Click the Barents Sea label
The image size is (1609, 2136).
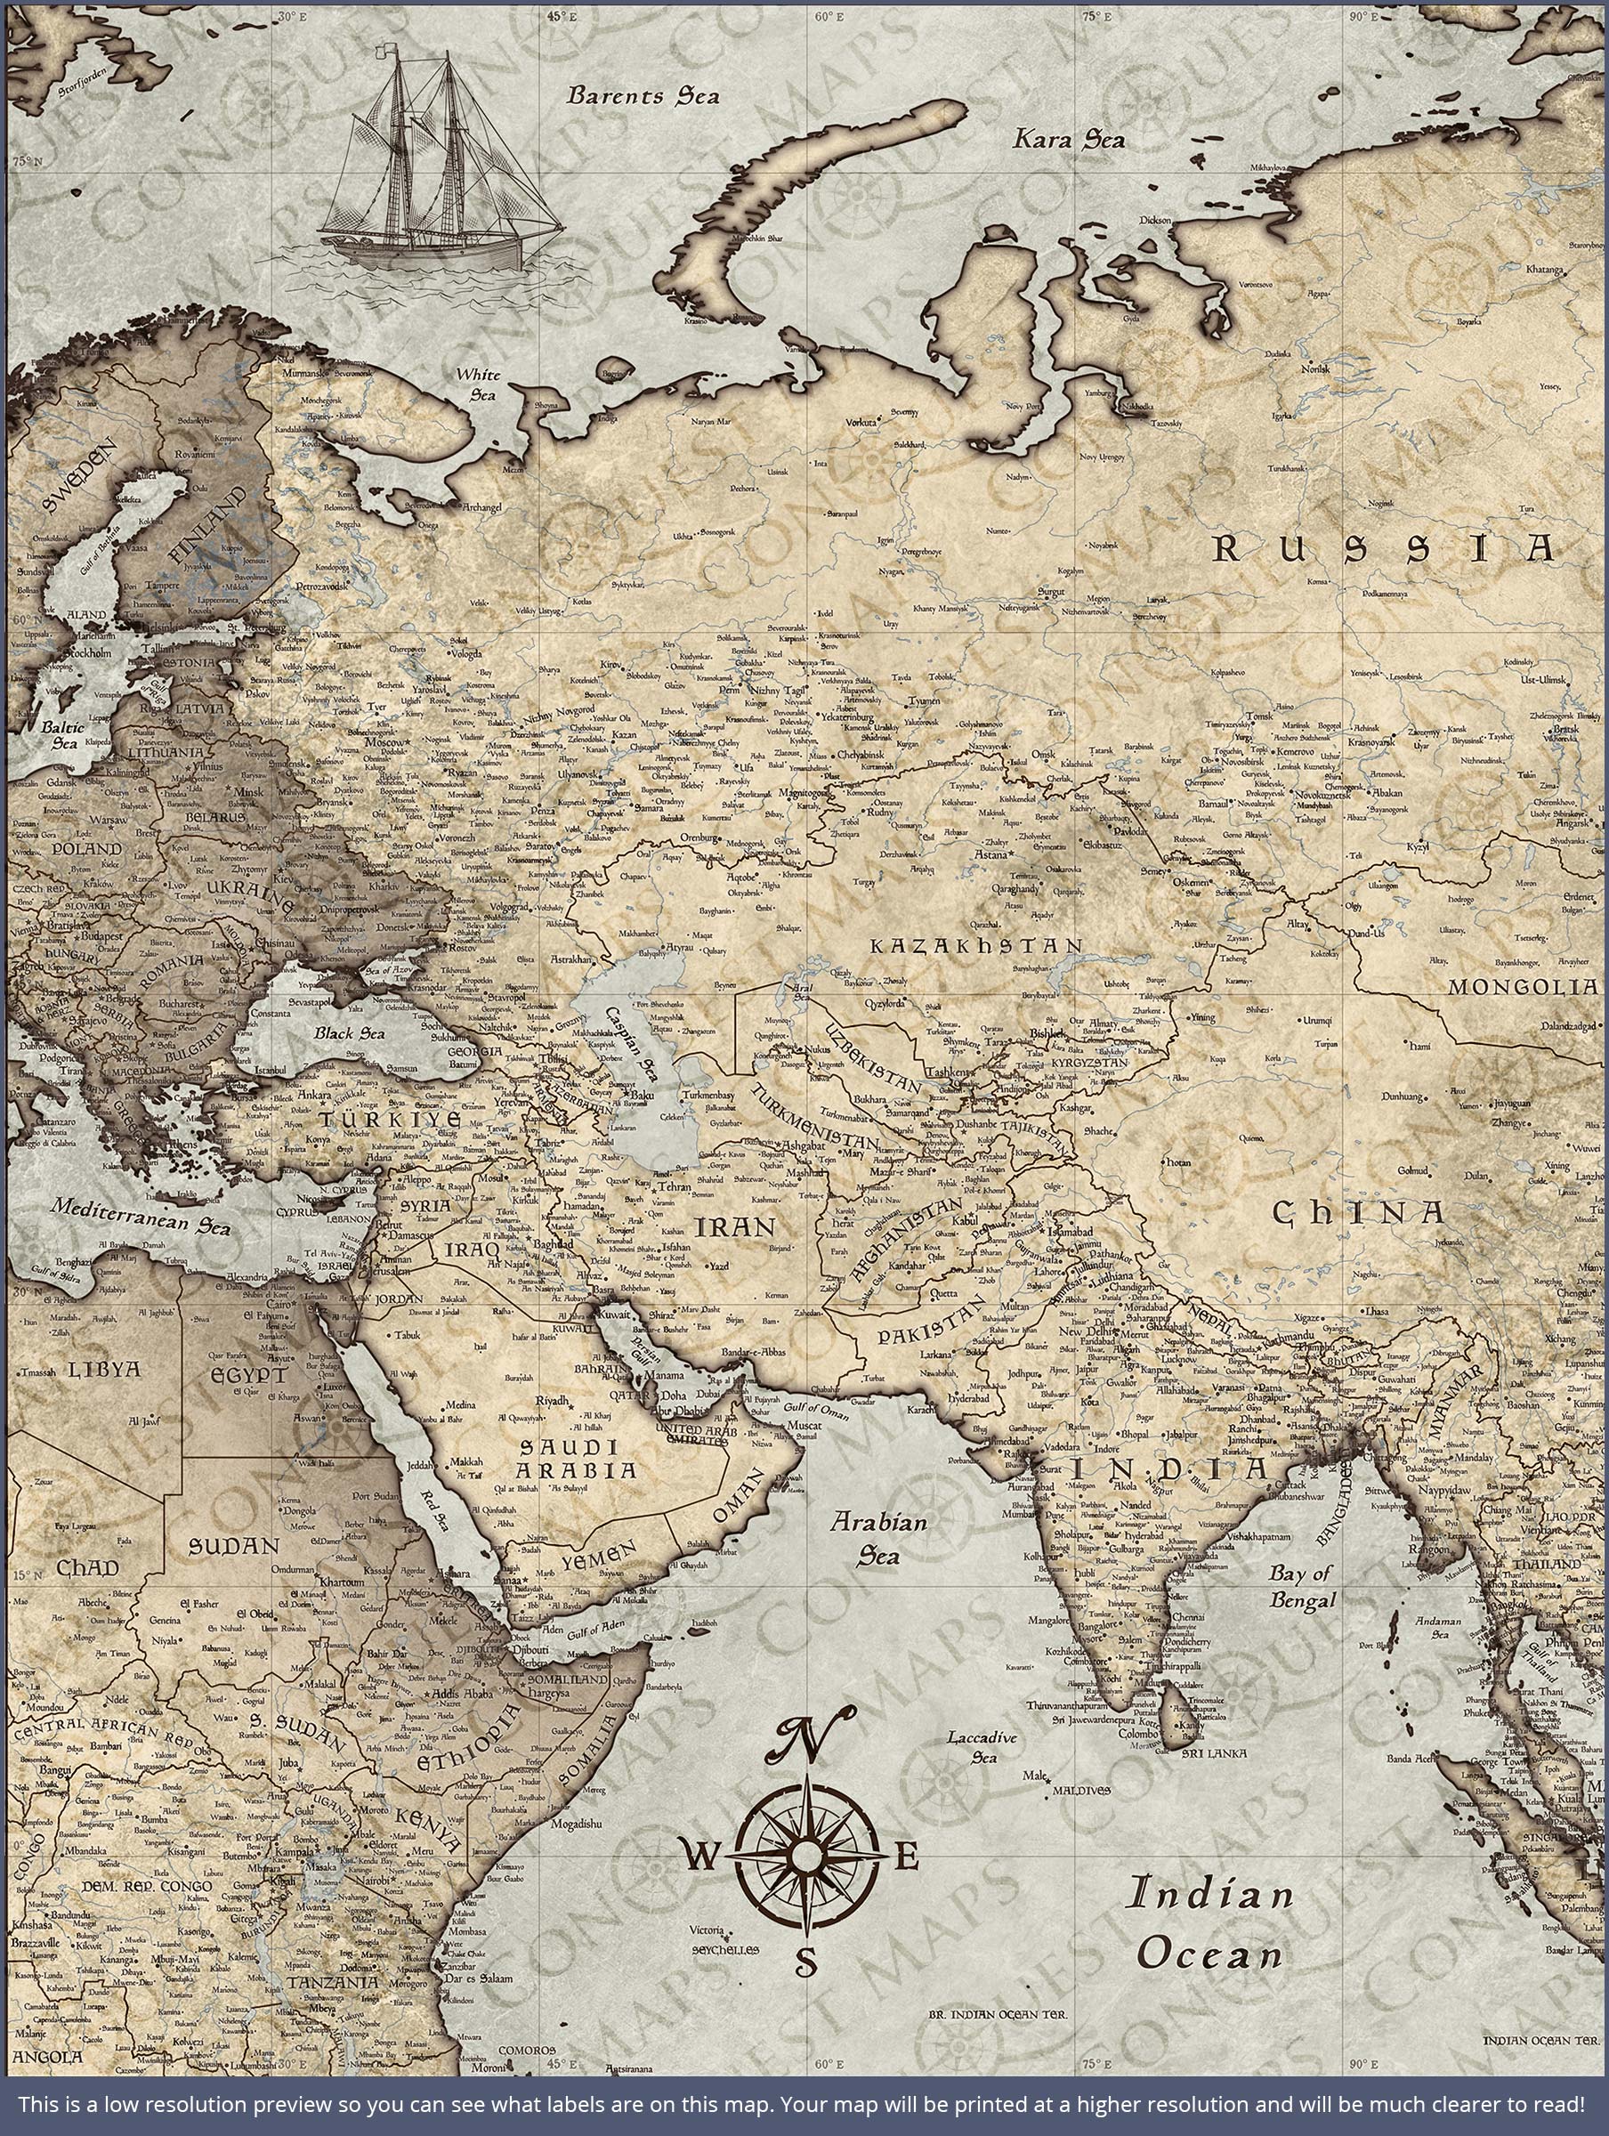643,95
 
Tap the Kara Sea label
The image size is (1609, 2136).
1068,140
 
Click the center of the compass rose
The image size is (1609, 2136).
807,1854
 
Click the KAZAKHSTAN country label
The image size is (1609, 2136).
975,946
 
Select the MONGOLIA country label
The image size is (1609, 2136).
1522,987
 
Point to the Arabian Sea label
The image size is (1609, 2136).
879,1538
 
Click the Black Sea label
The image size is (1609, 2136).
349,1032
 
